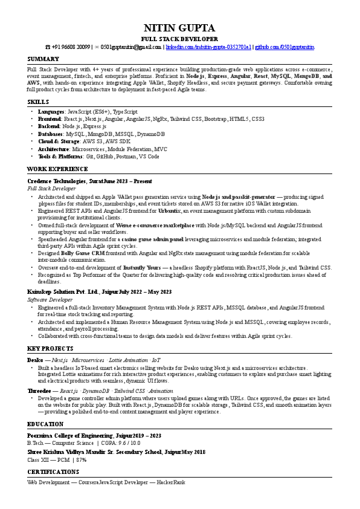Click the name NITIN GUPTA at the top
179,28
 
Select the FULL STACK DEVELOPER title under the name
179,38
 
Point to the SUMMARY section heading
43,59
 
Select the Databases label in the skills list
50,134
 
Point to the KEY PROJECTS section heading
50,349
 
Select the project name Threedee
39,391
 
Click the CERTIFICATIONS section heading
54,471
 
